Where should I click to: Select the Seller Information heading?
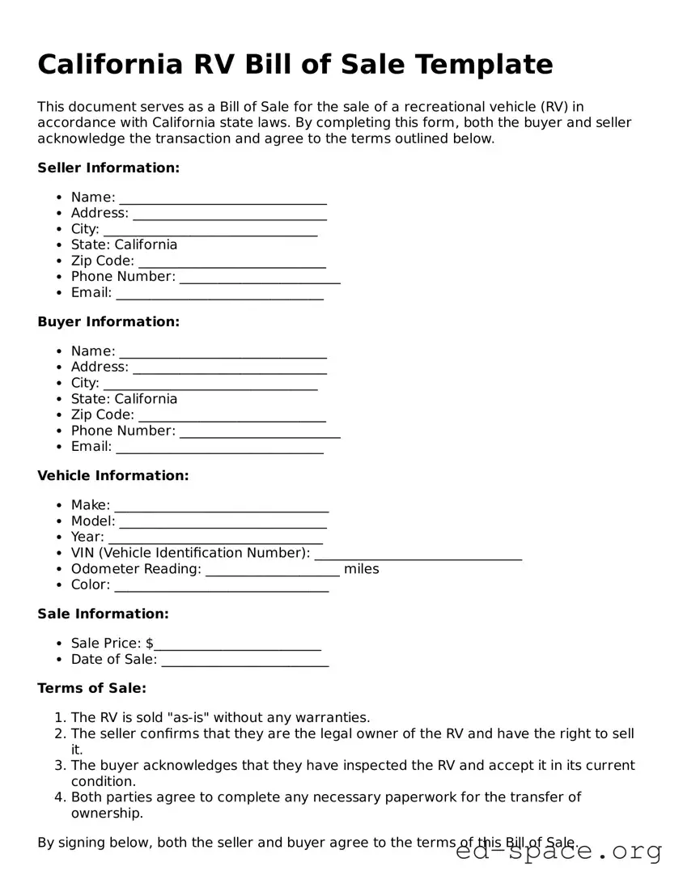coord(108,168)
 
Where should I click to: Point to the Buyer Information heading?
coord(108,322)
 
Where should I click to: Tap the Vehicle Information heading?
coord(113,476)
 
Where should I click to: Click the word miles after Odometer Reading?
coord(361,569)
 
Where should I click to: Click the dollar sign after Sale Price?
coord(150,644)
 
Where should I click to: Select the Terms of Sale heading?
coord(92,689)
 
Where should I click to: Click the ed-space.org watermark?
coord(558,852)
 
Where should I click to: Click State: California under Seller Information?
coord(124,245)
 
